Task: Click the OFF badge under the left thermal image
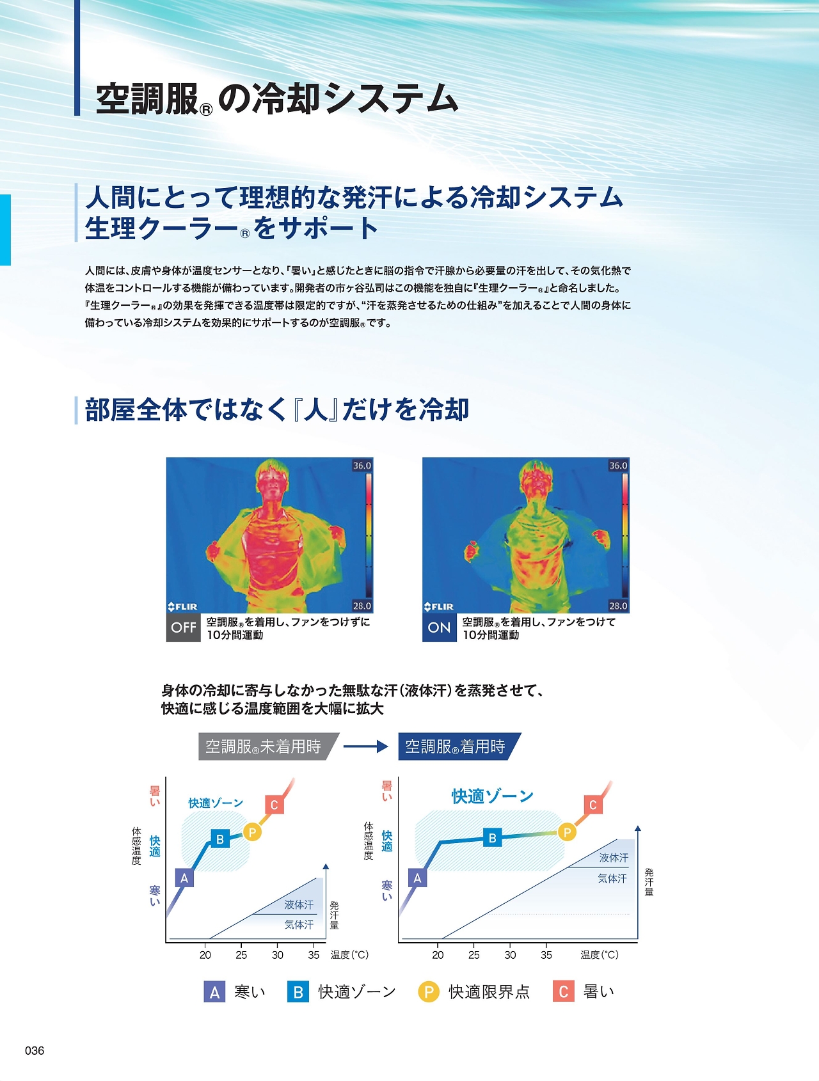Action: click(184, 627)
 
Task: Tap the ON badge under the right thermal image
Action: click(440, 627)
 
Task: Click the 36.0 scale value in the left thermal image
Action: click(362, 466)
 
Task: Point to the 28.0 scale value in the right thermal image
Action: click(618, 606)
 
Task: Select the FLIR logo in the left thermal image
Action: click(183, 606)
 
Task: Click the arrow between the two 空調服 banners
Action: click(366, 746)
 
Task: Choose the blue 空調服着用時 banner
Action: click(459, 746)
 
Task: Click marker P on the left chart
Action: click(253, 832)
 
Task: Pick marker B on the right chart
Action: click(493, 838)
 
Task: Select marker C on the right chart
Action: click(593, 805)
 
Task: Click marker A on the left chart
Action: click(184, 878)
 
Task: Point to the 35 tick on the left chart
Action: click(314, 955)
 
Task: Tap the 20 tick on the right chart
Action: click(438, 955)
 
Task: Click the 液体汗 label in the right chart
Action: click(614, 858)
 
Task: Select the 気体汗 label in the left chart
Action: click(299, 925)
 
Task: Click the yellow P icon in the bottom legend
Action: click(429, 991)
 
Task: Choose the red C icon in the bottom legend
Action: click(564, 991)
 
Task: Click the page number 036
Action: click(35, 1050)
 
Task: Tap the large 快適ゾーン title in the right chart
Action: click(493, 796)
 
